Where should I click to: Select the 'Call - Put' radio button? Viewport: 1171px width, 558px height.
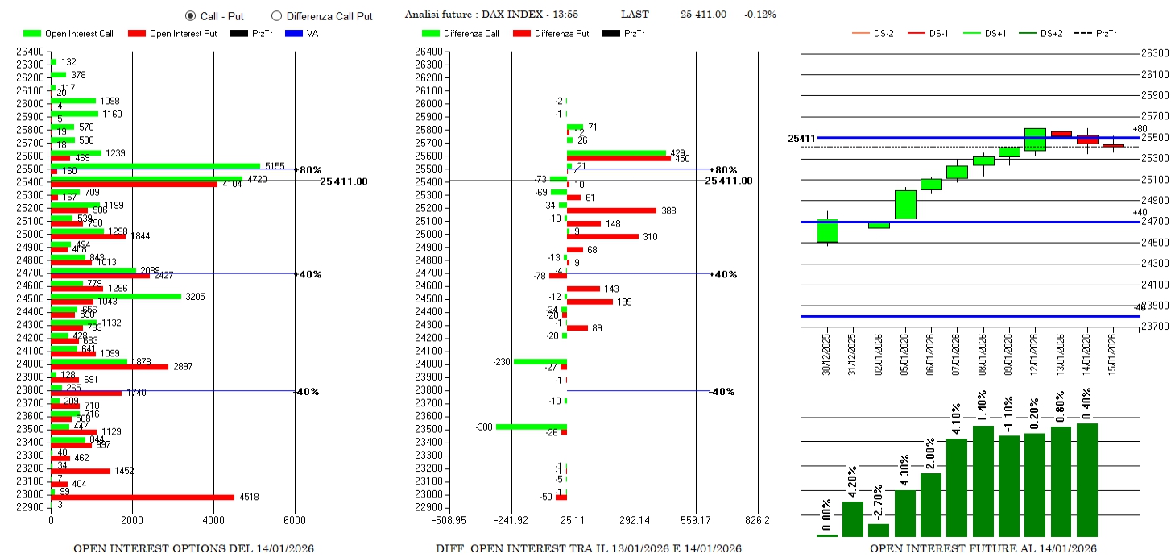[190, 15]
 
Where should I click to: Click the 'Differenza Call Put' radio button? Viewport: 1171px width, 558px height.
[276, 15]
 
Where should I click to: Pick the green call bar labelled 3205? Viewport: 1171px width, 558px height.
[116, 296]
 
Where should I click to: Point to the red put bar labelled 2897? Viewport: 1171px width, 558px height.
[110, 367]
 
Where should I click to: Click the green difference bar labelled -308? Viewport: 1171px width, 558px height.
[531, 427]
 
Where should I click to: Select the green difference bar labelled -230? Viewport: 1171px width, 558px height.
[540, 361]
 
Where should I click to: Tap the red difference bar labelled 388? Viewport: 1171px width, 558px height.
[611, 210]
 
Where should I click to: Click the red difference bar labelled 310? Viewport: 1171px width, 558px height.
[602, 236]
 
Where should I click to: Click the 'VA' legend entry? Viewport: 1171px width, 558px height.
[312, 34]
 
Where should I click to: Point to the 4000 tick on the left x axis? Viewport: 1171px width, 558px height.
[213, 520]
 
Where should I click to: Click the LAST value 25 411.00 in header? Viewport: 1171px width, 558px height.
[703, 15]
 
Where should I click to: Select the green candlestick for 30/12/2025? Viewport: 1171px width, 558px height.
[827, 231]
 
